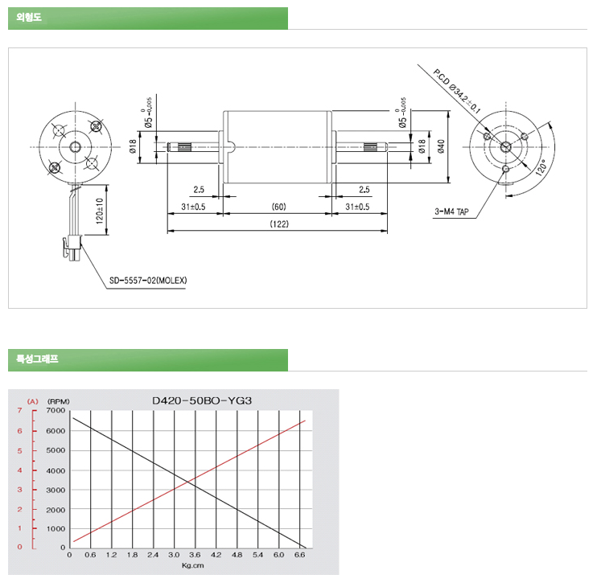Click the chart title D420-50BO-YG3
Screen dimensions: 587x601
click(x=202, y=399)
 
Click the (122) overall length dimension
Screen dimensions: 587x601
click(x=278, y=224)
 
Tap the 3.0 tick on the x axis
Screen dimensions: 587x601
click(x=175, y=555)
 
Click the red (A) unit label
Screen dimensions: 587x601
click(x=32, y=400)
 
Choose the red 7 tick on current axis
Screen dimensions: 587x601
click(x=21, y=411)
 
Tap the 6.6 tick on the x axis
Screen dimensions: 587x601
click(x=300, y=555)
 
